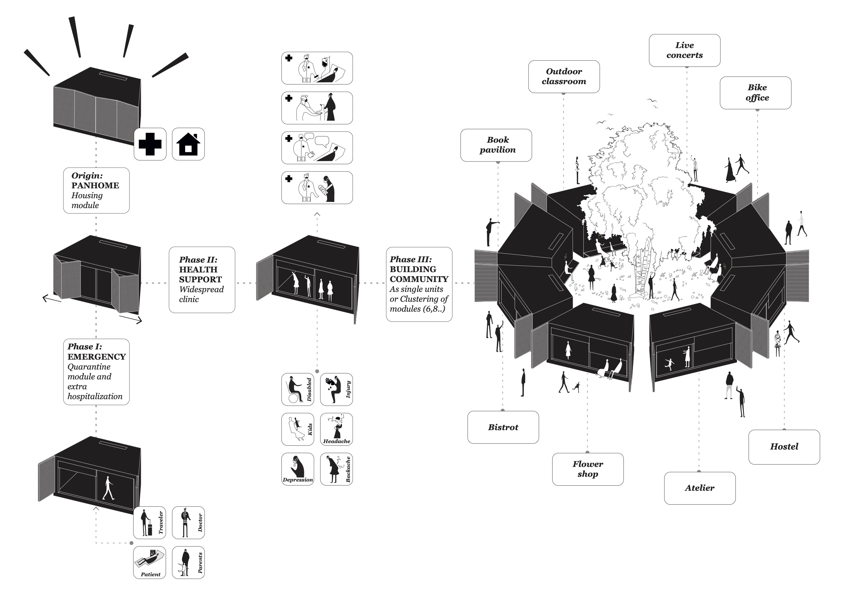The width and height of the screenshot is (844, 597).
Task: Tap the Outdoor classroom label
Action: point(564,77)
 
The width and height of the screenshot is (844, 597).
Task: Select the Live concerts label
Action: point(684,50)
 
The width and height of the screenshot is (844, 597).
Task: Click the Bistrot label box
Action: point(503,427)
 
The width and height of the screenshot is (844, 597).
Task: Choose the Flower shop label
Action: point(587,469)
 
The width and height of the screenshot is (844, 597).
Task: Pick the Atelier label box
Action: point(700,488)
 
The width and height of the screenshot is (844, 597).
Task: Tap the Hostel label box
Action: point(784,446)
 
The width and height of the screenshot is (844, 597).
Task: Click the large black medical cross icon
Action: point(150,144)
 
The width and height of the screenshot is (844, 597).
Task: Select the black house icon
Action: point(188,144)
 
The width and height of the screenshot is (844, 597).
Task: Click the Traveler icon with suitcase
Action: point(149,522)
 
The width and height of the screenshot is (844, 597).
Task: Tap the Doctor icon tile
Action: point(188,522)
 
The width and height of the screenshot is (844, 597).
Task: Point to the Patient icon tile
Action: point(149,562)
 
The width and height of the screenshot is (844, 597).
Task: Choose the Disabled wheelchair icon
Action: point(297,389)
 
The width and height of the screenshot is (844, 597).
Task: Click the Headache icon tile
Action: point(336,429)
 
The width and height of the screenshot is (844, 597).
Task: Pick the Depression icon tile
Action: point(297,469)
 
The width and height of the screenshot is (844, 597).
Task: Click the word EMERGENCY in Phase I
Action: point(96,357)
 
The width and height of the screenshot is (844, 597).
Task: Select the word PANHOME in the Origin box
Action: point(95,185)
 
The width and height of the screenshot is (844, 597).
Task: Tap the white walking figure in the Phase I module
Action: point(108,488)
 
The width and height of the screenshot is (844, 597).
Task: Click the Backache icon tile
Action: point(336,469)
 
